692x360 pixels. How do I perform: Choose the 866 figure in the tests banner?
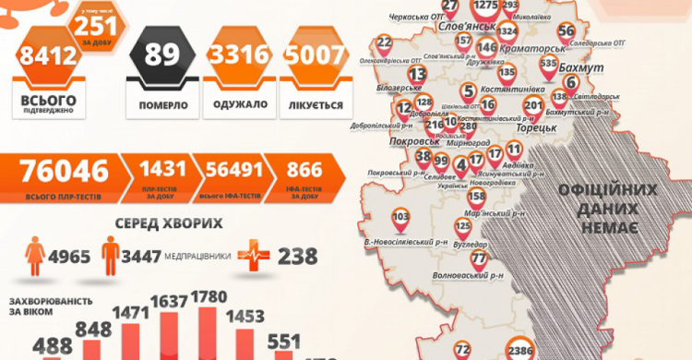[x=304, y=171]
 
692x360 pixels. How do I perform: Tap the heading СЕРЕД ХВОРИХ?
[x=169, y=223]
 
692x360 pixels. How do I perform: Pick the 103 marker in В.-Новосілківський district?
[x=400, y=218]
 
